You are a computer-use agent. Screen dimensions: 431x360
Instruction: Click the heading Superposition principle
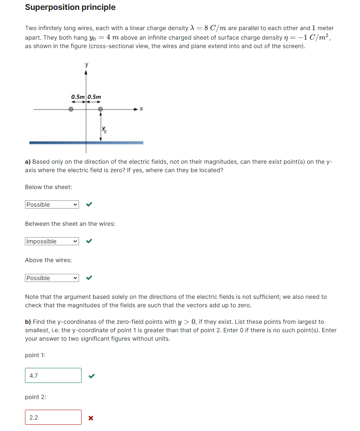tap(70, 7)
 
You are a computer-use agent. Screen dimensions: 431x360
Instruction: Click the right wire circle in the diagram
tap(100, 109)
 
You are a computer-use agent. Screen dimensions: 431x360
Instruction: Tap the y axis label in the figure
tap(86, 64)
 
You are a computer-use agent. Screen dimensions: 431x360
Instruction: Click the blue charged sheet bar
tap(86, 142)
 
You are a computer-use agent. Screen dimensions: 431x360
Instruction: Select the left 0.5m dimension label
tap(78, 97)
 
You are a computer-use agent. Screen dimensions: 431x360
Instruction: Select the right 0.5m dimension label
tap(94, 97)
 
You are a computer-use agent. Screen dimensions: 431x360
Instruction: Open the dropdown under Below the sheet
tap(52, 204)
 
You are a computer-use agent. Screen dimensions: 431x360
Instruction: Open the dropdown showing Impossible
tap(52, 241)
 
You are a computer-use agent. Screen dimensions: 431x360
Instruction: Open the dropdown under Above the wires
tap(52, 278)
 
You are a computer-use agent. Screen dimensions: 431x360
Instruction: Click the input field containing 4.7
tap(53, 376)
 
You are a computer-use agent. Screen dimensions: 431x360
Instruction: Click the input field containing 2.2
tap(53, 417)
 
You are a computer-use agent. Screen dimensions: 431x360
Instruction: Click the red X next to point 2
tap(91, 418)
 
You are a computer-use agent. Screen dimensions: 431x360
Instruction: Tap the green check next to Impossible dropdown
tap(89, 241)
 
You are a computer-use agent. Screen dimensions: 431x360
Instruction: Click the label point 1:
tap(35, 355)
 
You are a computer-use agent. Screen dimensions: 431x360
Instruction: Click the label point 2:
tap(35, 397)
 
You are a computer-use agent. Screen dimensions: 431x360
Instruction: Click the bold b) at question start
tap(28, 322)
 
